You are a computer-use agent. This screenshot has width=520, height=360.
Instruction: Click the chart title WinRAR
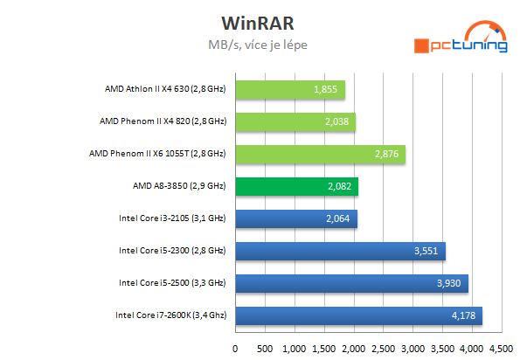tap(259, 20)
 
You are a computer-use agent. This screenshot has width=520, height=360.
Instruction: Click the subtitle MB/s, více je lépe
tap(260, 43)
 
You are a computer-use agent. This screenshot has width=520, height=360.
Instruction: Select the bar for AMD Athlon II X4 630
tap(289, 90)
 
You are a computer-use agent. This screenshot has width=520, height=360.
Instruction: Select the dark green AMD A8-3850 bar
tap(296, 186)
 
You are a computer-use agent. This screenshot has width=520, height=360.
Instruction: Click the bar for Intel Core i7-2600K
tap(358, 315)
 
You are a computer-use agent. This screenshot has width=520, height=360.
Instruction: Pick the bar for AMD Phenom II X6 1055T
tap(320, 154)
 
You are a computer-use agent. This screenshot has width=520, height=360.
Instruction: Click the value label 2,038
tap(336, 122)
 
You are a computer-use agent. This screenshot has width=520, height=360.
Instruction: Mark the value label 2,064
tap(338, 218)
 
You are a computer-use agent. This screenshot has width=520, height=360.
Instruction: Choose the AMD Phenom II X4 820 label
tap(165, 121)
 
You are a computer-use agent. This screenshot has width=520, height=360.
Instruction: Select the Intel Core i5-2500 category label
tap(172, 283)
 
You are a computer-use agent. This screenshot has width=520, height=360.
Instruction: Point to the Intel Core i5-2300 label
tap(172, 251)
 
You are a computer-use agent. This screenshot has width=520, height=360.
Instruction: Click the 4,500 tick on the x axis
tap(500, 347)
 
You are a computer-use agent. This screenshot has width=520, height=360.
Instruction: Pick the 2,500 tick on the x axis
tap(382, 347)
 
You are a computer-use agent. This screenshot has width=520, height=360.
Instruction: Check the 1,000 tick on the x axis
tap(294, 347)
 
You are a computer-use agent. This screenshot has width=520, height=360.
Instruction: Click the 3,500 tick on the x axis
tap(441, 347)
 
